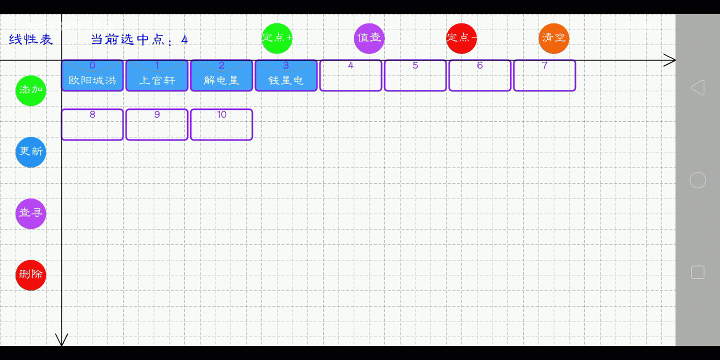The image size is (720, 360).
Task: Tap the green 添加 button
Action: click(31, 90)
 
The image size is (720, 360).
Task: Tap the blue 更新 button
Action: click(31, 152)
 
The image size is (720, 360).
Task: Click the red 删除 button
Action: click(31, 274)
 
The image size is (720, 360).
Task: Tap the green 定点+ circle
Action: click(277, 38)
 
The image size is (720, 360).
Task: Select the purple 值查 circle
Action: click(369, 38)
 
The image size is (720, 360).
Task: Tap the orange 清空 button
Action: click(553, 38)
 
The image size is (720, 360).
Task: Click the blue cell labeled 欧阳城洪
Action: click(92, 75)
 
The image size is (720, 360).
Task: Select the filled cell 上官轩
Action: click(157, 75)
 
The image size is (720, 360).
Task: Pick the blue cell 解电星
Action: click(221, 75)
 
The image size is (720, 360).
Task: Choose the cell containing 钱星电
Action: click(286, 75)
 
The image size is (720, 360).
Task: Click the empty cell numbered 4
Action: click(350, 75)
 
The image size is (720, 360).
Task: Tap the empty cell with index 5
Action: click(415, 75)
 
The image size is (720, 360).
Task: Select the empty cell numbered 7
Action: click(544, 75)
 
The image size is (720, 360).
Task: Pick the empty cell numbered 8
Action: click(92, 124)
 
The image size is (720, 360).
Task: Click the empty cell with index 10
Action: click(221, 124)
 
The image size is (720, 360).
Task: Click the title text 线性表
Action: click(31, 40)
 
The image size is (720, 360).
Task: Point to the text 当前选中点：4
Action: click(139, 40)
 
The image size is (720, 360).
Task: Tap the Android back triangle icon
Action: click(697, 87)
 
